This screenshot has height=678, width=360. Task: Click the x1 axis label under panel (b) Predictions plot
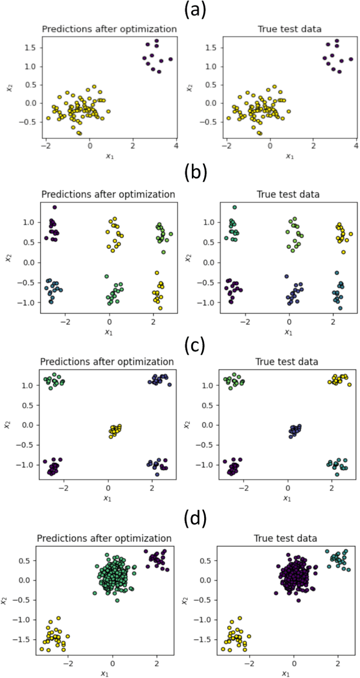click(109, 332)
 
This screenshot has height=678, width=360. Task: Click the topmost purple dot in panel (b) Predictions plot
click(55, 207)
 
